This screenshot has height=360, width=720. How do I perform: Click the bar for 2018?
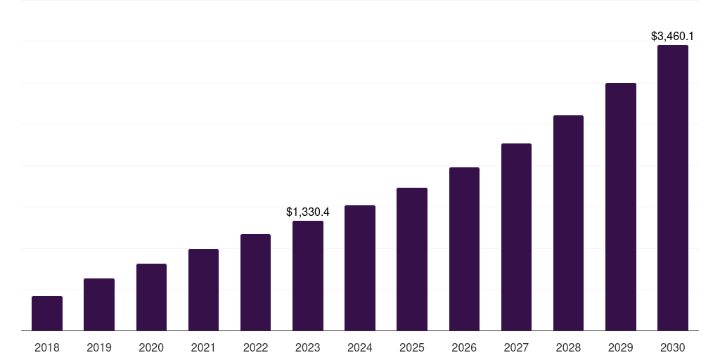(x=47, y=314)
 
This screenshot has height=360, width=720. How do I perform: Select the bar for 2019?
(x=99, y=304)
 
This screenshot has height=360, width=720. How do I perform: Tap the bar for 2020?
(x=151, y=297)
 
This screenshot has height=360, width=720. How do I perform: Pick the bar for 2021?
(x=203, y=290)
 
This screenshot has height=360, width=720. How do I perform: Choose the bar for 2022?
(x=255, y=283)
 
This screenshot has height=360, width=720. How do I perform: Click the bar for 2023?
(x=308, y=276)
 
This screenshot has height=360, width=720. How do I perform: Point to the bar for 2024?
(x=360, y=268)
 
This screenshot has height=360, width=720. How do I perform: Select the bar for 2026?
(x=464, y=249)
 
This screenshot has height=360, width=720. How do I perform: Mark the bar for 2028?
(x=568, y=223)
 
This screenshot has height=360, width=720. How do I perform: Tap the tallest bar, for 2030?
(x=673, y=188)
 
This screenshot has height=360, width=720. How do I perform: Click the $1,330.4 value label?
(x=308, y=212)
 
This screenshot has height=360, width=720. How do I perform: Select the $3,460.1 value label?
(x=673, y=36)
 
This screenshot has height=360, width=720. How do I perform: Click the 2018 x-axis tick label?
(x=47, y=347)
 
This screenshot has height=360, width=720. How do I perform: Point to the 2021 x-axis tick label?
(x=203, y=347)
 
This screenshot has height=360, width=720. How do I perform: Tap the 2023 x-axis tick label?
(x=308, y=347)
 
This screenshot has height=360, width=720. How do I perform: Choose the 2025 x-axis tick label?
(x=412, y=347)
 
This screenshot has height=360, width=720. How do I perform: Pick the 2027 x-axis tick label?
(x=516, y=347)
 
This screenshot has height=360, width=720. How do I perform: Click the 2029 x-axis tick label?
(x=621, y=347)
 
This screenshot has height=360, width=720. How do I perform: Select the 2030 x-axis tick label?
(x=673, y=347)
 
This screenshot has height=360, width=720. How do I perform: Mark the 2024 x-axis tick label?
(x=360, y=347)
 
